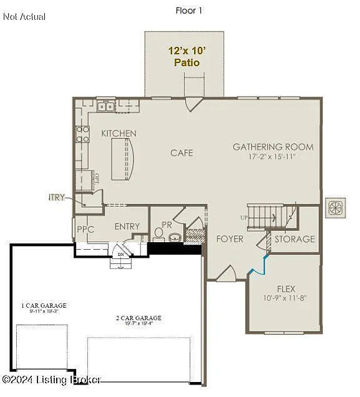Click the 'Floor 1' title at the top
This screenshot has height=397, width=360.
coord(188,11)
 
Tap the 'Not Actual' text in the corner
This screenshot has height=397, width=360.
coord(24,17)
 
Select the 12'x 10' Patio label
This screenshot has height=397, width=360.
coord(184,57)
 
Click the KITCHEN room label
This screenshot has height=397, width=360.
coord(119,134)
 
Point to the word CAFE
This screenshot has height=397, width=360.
coord(182,153)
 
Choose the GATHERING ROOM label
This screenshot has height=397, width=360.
coord(273,147)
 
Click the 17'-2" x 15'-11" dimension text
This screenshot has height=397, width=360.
coord(273,157)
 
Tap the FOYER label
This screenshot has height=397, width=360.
coord(230,239)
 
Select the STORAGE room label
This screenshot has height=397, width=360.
coord(294,239)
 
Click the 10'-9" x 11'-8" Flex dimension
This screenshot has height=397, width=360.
coord(286,299)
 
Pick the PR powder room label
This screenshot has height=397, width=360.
coord(167,225)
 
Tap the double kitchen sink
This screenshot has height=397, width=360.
coord(106,107)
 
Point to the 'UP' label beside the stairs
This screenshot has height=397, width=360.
coord(243,217)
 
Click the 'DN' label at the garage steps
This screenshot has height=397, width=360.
coord(121,255)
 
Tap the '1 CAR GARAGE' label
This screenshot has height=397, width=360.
coord(44,306)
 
